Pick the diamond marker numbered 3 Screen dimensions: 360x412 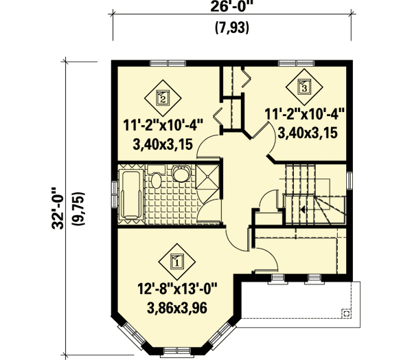(x=304, y=86)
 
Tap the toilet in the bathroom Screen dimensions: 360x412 (x=157, y=181)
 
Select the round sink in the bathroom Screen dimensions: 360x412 (x=182, y=176)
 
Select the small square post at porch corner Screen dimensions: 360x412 (x=346, y=313)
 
